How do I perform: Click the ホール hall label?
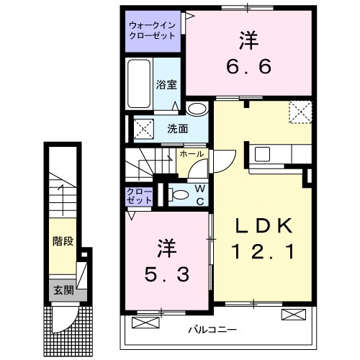(x=191, y=154)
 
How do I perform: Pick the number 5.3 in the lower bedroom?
(x=164, y=274)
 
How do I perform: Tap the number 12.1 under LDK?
(x=264, y=253)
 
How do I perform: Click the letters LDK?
(x=264, y=226)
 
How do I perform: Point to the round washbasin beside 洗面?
(x=194, y=109)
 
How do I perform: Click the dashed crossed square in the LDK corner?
(x=300, y=112)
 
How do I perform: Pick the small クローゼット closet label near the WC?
(x=135, y=194)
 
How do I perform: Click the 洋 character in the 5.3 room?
(x=165, y=248)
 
